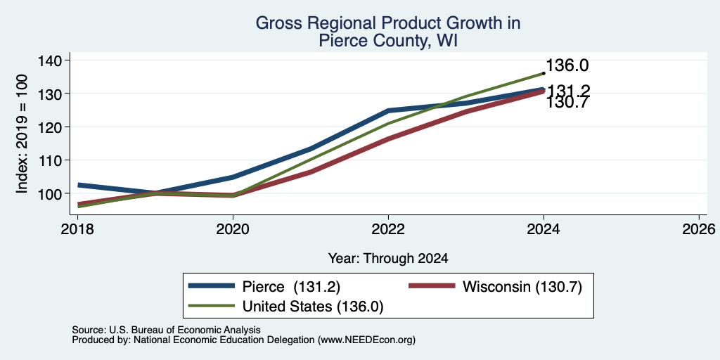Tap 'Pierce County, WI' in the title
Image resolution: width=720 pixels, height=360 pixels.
(388, 41)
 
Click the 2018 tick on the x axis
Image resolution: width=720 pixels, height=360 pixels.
(77, 229)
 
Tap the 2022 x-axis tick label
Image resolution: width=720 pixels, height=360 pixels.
(388, 229)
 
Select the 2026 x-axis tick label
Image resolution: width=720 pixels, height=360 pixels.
(699, 229)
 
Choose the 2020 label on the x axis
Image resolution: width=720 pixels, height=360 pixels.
(233, 229)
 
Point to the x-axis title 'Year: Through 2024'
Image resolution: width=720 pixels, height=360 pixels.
(388, 259)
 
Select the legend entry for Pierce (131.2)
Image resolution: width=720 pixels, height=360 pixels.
(264, 287)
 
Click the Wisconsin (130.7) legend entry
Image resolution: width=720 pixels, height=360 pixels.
(496, 287)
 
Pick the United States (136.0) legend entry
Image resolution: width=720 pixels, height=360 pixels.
(286, 307)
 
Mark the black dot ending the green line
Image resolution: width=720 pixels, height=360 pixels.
(544, 73)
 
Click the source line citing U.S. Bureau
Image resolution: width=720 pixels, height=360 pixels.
(166, 330)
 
